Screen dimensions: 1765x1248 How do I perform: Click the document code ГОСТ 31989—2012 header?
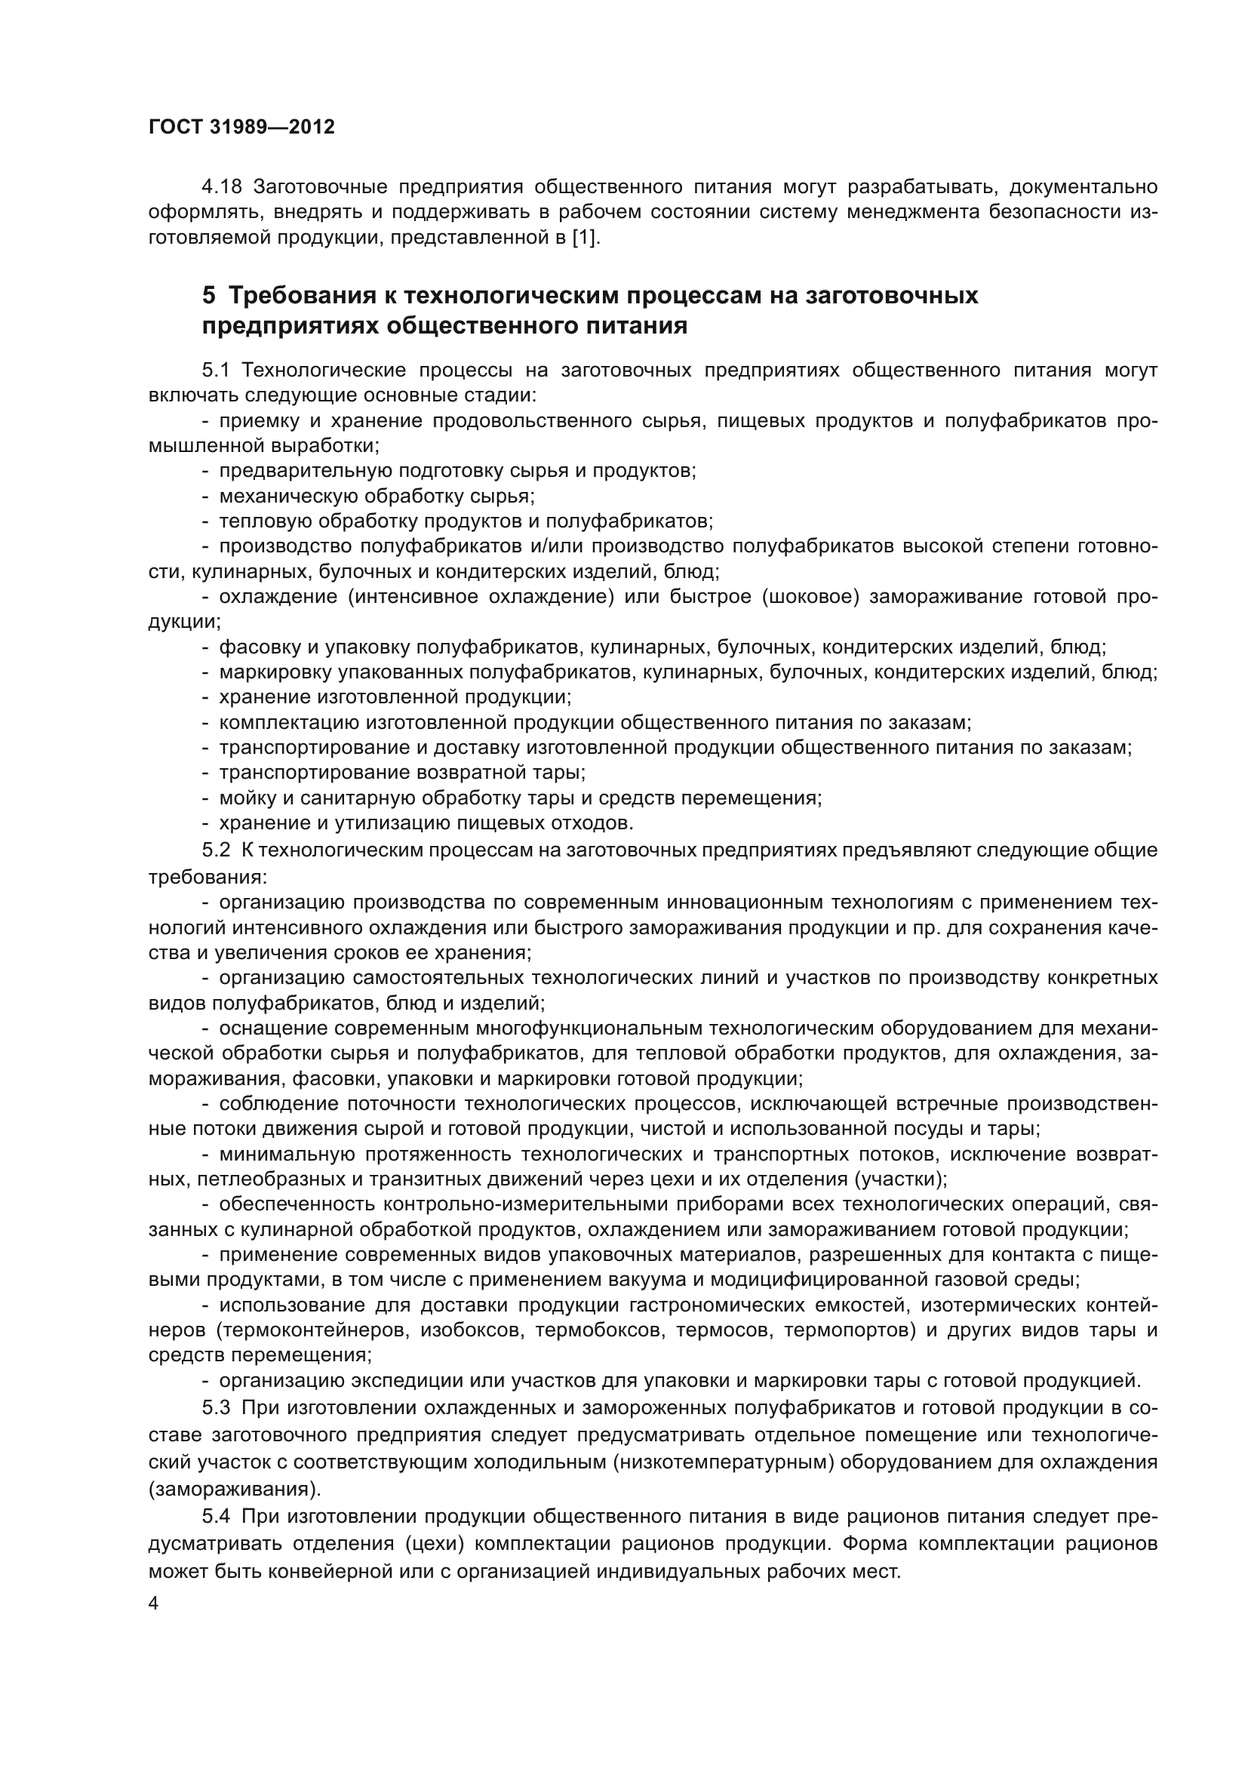[x=241, y=127]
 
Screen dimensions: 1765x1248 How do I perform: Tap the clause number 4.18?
[x=221, y=187]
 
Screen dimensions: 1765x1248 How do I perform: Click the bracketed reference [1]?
[x=585, y=238]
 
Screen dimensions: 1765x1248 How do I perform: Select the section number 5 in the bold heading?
[x=208, y=295]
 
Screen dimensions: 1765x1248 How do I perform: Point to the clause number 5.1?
[x=216, y=371]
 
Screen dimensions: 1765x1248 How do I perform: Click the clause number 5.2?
[x=216, y=850]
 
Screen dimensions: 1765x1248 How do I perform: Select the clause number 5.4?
[x=216, y=1517]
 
